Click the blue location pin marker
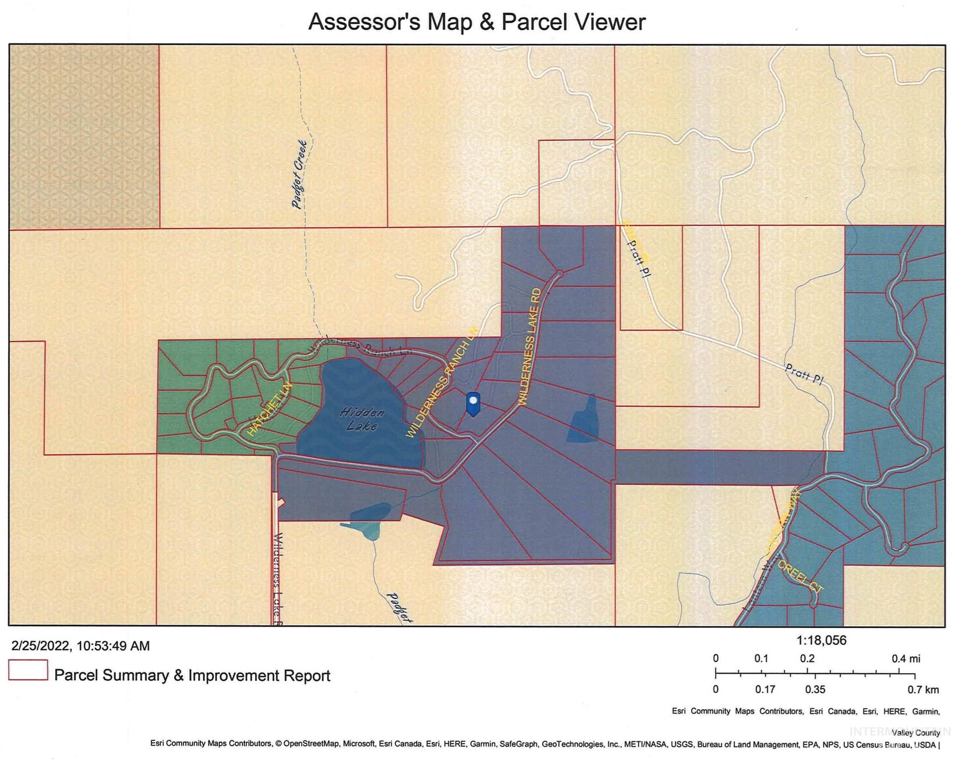[473, 403]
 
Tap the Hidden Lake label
[361, 418]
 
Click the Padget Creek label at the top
[300, 174]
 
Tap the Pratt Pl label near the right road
[804, 374]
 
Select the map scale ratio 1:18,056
[821, 641]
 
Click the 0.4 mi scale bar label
[906, 658]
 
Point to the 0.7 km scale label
[923, 690]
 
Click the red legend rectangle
[28, 670]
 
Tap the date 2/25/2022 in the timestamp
[40, 646]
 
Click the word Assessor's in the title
[364, 22]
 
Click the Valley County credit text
[915, 733]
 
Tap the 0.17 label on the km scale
[765, 690]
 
